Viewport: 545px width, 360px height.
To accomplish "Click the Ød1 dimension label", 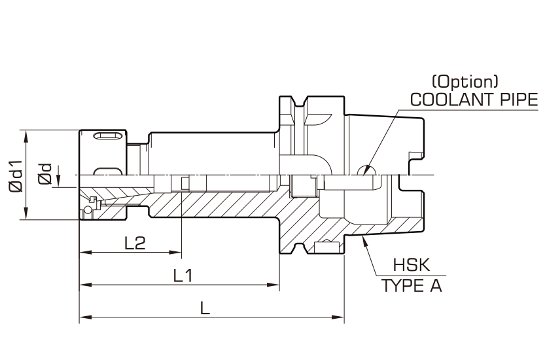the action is pyautogui.click(x=16, y=176).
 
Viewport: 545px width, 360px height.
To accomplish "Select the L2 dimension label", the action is pyautogui.click(x=135, y=243).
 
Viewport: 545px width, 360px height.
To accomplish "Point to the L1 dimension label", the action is pyautogui.click(x=183, y=276).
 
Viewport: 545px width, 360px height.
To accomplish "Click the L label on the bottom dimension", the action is pyautogui.click(x=205, y=308).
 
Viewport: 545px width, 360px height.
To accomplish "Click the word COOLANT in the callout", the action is pyautogui.click(x=453, y=99).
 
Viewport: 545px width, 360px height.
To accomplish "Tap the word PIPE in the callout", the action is pyautogui.click(x=519, y=99).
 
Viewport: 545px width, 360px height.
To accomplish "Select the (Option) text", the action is pyautogui.click(x=465, y=81).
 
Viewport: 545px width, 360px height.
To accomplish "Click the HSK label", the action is pyautogui.click(x=412, y=265).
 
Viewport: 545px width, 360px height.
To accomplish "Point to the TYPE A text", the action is pyautogui.click(x=412, y=285).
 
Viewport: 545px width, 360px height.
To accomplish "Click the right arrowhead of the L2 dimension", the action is pyautogui.click(x=176, y=252).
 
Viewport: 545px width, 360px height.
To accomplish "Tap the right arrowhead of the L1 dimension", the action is pyautogui.click(x=273, y=285).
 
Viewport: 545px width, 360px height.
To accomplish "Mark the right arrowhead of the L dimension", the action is pyautogui.click(x=338, y=317).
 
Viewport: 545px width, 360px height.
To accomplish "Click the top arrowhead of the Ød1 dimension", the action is pyautogui.click(x=26, y=136).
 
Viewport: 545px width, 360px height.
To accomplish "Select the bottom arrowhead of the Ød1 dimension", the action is pyautogui.click(x=26, y=213).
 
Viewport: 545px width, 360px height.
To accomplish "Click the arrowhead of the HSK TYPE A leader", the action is pyautogui.click(x=364, y=240).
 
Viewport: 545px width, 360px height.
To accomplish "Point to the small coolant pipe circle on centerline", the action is pyautogui.click(x=366, y=170).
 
